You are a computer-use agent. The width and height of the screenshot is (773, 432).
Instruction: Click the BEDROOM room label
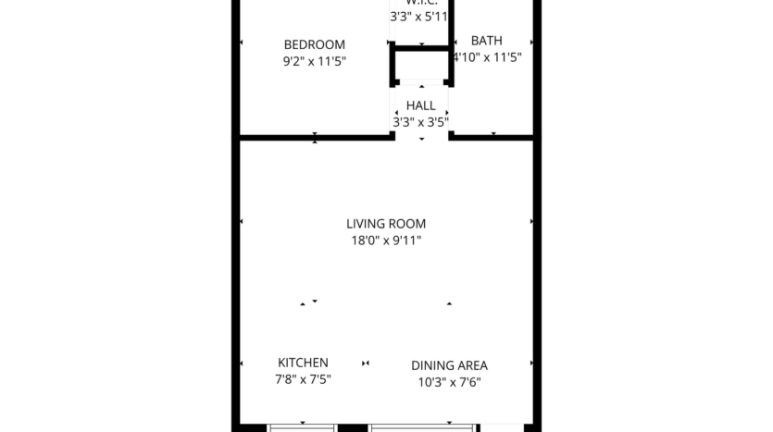coord(314,44)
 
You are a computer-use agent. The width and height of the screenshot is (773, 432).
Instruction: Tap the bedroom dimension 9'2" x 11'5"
coord(314,61)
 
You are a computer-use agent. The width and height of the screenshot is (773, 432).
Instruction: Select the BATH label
coord(486,41)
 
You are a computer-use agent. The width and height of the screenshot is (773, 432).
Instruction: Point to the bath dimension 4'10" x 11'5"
coord(487,56)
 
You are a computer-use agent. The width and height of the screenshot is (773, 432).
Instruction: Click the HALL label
coord(420,105)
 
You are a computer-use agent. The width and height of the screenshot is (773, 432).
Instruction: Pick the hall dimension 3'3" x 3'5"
coord(420,121)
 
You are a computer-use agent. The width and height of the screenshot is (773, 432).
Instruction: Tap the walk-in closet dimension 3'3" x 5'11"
coord(419,16)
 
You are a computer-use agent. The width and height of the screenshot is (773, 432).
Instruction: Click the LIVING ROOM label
coord(386,223)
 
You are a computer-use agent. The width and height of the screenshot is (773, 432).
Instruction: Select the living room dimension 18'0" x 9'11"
coord(386,240)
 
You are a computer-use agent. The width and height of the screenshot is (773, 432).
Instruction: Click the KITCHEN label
coord(303,363)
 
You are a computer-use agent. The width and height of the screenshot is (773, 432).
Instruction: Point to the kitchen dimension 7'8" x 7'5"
coord(303,379)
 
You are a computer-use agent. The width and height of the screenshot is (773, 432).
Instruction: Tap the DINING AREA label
coord(449,365)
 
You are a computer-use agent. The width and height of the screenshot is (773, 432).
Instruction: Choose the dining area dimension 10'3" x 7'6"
coord(449,382)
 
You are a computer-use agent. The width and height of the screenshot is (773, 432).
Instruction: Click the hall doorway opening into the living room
coord(422,138)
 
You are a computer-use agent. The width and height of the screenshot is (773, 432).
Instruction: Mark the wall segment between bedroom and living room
coord(315,138)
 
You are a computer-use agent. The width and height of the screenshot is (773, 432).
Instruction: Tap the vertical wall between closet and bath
coord(450,23)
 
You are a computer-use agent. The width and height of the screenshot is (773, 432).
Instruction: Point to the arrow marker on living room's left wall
coord(242,222)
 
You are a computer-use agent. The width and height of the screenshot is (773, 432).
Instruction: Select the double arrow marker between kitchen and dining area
coord(367,363)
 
